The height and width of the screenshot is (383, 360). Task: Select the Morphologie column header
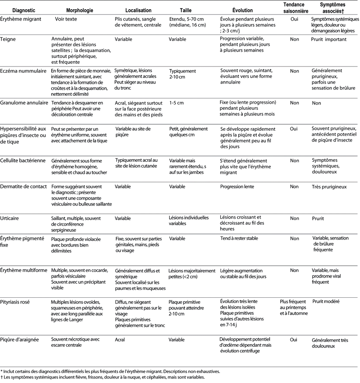80,10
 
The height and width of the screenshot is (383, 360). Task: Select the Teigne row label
9,39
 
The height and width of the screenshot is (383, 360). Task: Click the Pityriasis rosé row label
18,302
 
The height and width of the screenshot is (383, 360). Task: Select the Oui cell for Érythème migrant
294,20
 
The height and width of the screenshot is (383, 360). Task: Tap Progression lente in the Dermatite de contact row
237,186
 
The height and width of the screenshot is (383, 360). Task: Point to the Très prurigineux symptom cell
329,186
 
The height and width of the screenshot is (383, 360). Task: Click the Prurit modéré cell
326,302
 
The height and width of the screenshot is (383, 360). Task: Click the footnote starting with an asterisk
110,372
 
